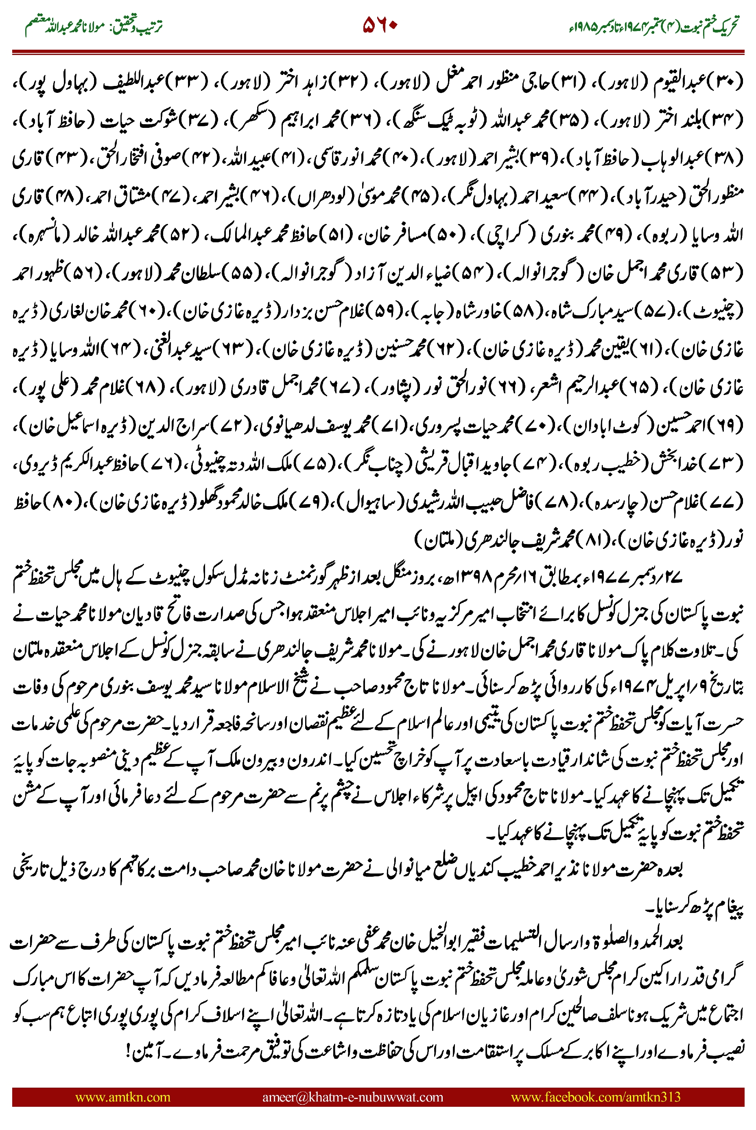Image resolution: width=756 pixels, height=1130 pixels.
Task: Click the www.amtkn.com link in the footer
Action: pos(123,1097)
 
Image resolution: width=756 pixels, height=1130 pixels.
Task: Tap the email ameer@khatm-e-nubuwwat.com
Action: pos(352,1097)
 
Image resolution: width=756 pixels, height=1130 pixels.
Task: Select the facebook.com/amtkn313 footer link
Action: pos(595,1097)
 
